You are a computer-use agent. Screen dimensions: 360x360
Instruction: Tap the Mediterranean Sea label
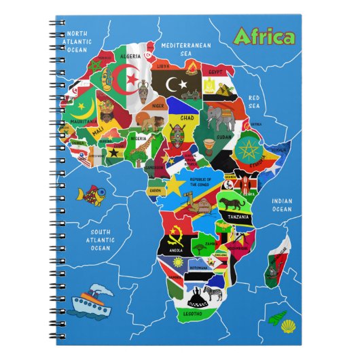[x=187, y=49]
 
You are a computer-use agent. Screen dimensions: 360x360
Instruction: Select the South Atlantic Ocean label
[x=100, y=238]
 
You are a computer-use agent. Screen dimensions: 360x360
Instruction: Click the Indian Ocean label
[x=281, y=204]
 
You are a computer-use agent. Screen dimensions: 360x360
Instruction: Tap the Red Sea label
[x=255, y=102]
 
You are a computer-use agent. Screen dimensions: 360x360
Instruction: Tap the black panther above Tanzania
[x=238, y=203]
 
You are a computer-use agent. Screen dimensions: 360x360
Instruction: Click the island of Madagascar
[x=278, y=262]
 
